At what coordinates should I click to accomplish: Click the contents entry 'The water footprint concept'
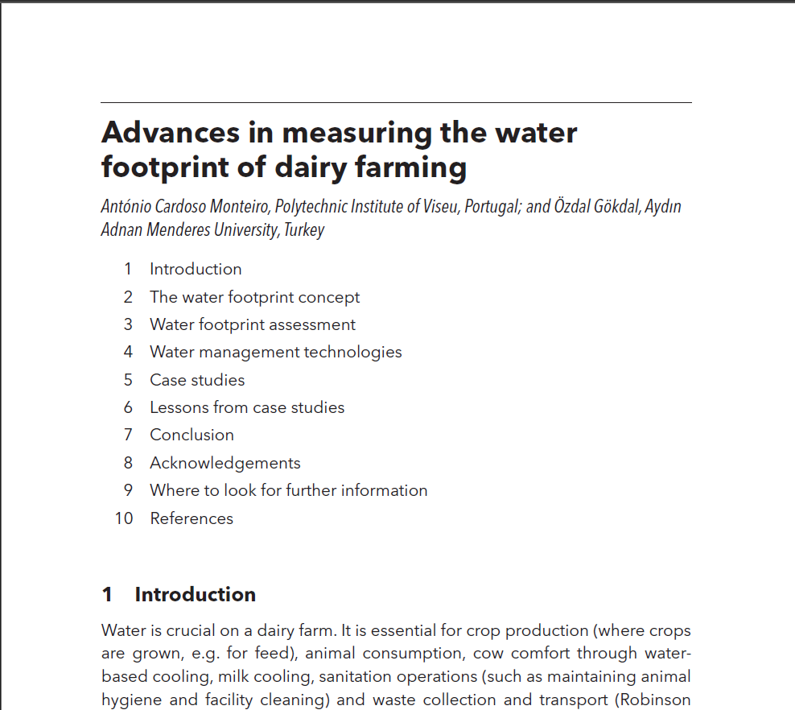tap(254, 297)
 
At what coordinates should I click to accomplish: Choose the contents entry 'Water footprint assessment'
tap(252, 324)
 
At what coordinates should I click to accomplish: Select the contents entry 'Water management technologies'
tap(275, 352)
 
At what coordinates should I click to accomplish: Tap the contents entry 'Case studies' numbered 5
tap(197, 380)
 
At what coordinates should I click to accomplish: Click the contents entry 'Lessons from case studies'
tap(247, 407)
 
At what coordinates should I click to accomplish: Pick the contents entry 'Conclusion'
tap(192, 435)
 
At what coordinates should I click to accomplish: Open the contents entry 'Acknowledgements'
tap(224, 463)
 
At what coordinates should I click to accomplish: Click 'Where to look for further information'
tap(288, 490)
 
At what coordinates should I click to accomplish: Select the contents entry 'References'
tap(192, 518)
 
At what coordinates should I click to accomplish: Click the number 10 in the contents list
tap(124, 518)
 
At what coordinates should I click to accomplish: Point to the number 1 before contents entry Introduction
tap(128, 270)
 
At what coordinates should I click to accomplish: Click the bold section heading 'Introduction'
tap(195, 595)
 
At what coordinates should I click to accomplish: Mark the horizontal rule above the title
tap(396, 103)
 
